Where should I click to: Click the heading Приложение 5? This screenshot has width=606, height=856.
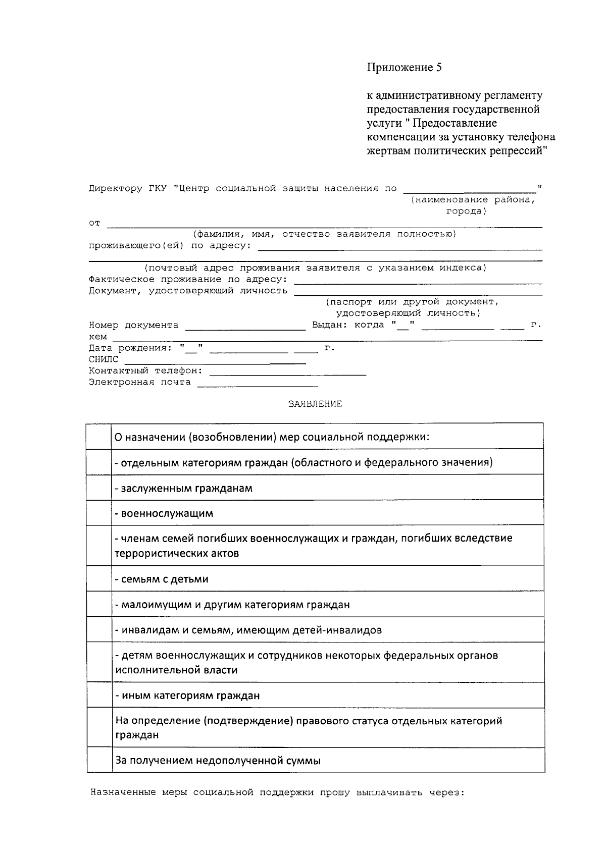[404, 68]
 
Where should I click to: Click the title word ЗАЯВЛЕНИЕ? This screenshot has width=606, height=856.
[315, 404]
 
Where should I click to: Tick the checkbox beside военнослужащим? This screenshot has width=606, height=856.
[99, 513]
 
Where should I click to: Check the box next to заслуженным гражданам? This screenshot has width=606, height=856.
[99, 488]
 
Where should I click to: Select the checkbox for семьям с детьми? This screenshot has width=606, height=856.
[99, 578]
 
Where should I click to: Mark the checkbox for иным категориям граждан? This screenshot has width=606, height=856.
[99, 695]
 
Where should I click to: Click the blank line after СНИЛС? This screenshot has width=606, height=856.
[215, 361]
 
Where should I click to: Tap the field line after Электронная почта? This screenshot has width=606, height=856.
[258, 385]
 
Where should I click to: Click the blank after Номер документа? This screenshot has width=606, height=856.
[245, 328]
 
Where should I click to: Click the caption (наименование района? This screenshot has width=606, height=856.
[472, 200]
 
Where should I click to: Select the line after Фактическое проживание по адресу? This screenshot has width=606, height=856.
[418, 282]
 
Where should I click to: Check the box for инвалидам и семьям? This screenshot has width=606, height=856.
[99, 629]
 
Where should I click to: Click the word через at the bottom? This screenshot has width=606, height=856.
[446, 792]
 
